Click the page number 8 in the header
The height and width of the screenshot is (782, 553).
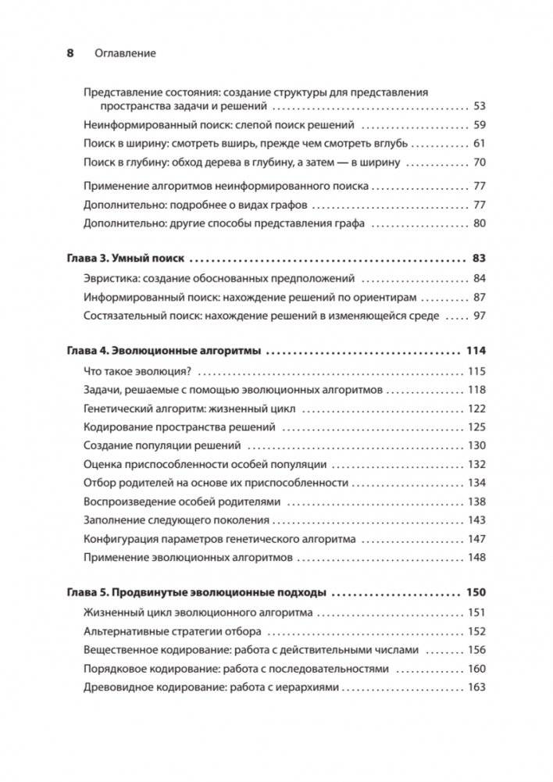click(69, 53)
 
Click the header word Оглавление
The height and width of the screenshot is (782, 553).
click(125, 53)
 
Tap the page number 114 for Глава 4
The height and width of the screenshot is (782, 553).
click(475, 352)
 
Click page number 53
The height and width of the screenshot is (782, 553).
click(479, 105)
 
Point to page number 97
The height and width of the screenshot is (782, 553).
click(479, 316)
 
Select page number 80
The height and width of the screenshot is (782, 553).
click(479, 224)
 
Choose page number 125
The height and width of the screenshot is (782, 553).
click(476, 427)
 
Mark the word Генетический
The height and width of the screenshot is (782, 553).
click(117, 409)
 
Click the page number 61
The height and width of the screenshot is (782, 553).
click(479, 144)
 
